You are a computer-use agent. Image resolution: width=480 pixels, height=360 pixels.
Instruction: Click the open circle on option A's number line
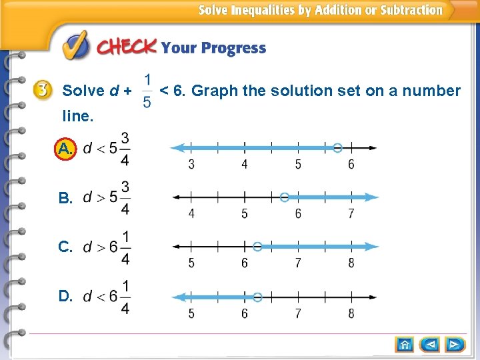pos(338,147)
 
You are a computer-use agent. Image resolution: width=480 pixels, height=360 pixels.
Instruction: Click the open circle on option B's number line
pos(285,197)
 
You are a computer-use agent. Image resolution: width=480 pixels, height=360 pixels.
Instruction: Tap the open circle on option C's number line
pos(258,246)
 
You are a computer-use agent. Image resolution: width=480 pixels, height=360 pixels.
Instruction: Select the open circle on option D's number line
pos(258,297)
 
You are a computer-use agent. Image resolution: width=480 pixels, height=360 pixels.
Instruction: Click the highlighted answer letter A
pos(65,149)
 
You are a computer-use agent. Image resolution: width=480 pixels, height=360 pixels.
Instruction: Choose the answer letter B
pos(65,198)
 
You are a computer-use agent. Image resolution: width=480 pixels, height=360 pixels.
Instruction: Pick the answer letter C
pos(65,247)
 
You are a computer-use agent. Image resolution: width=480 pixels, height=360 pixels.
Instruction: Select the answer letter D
pos(65,296)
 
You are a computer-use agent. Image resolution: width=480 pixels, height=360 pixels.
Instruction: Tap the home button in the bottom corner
pos(405,344)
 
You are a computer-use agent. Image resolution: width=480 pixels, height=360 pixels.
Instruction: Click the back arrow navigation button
pos(431,344)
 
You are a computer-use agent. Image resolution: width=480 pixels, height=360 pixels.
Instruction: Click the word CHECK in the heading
pos(127,47)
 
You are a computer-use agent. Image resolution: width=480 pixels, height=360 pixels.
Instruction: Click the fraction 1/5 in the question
pos(147,90)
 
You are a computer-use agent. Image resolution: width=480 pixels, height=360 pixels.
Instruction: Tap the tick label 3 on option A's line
pos(191,165)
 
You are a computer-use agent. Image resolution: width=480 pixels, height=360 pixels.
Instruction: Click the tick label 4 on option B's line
pos(191,214)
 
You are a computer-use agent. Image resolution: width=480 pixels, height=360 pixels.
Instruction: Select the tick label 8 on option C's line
pos(351,263)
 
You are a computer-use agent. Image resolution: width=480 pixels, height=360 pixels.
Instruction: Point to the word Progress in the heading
pos(233,48)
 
